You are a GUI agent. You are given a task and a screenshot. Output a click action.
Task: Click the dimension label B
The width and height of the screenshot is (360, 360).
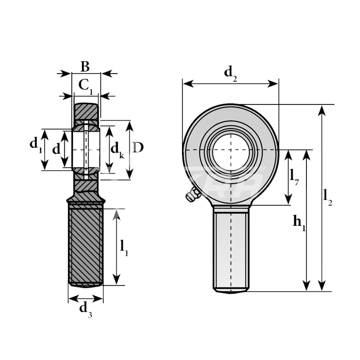coord(85,66)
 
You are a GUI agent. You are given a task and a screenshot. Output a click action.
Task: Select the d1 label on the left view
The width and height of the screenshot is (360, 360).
coord(35,145)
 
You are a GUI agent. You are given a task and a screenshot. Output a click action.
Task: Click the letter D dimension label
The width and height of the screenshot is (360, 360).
coord(138,148)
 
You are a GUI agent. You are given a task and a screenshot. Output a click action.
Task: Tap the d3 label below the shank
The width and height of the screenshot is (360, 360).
coord(85,309)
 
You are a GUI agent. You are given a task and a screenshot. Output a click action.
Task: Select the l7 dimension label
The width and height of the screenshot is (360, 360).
coord(294,177)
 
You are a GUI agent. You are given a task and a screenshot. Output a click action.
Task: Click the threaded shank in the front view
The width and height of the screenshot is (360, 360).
coord(231,249)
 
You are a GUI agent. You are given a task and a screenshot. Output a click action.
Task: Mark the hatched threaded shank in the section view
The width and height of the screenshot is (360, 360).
coord(85,244)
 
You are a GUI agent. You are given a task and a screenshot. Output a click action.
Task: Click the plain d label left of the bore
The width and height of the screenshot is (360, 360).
coord(56,149)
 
